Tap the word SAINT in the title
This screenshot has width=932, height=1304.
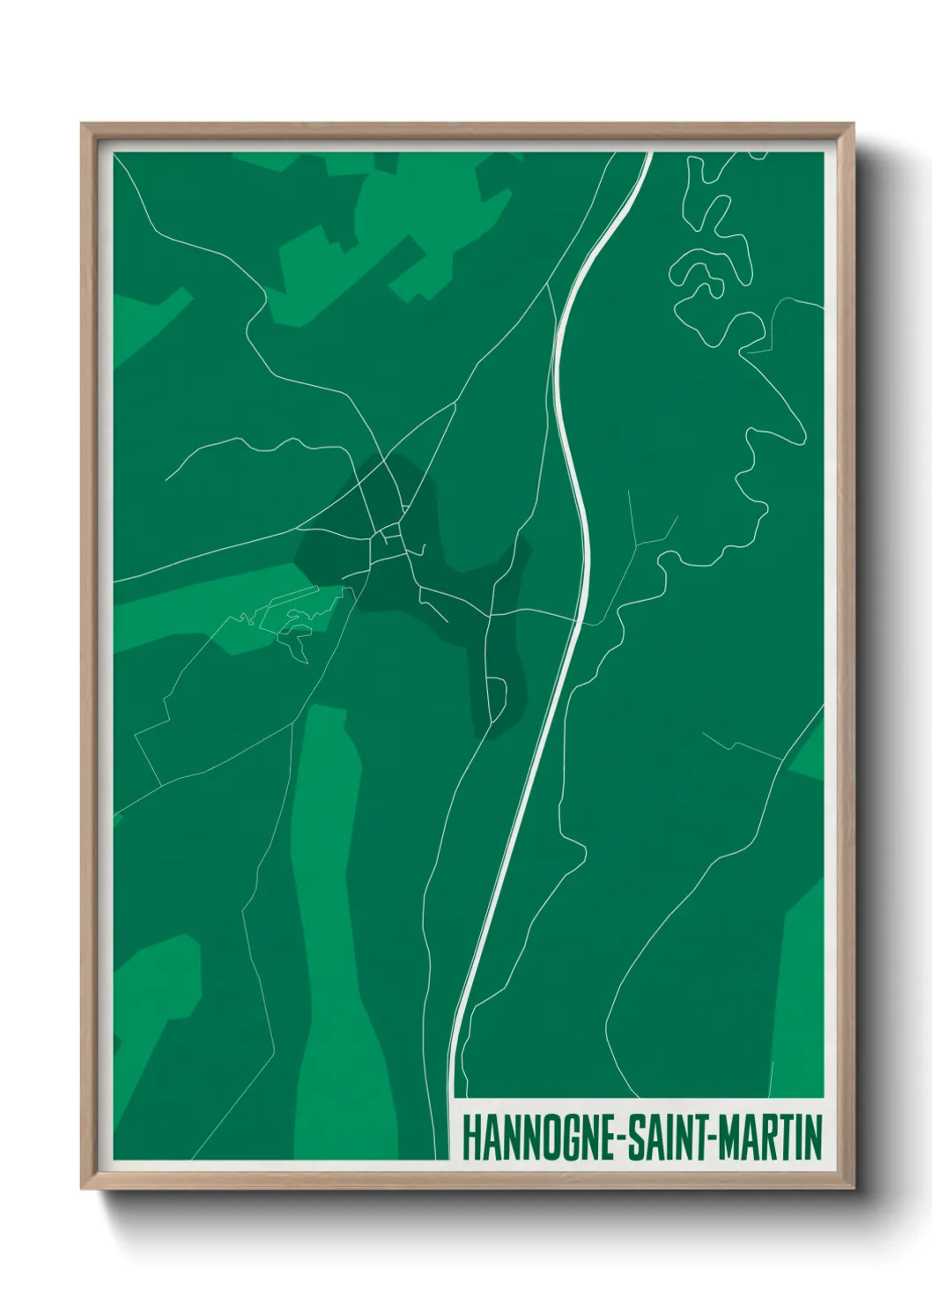[663, 1140]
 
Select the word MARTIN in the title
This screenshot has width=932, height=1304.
[770, 1140]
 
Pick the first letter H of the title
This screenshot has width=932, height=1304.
[470, 1140]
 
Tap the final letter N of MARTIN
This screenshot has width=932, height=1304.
[812, 1140]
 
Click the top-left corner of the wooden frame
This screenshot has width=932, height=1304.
[85, 126]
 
